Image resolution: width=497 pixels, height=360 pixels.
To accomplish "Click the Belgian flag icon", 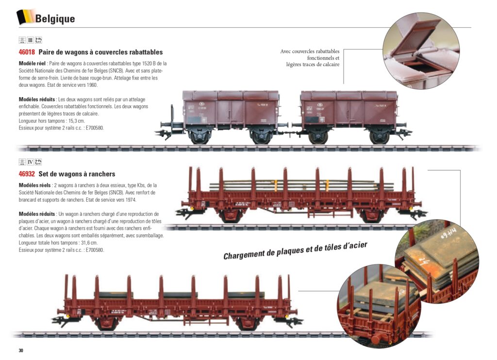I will [x=25, y=17].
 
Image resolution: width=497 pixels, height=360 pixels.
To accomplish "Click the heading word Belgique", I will [x=55, y=19].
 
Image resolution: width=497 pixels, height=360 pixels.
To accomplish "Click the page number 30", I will [x=21, y=350].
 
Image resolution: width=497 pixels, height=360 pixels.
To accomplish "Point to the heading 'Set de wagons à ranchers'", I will [x=77, y=174].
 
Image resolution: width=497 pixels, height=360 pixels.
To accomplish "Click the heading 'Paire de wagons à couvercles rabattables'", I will [x=100, y=52].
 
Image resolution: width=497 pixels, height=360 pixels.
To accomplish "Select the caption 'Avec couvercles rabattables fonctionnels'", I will [x=310, y=55].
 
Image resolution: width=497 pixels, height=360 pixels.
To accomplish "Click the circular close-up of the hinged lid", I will [x=420, y=50].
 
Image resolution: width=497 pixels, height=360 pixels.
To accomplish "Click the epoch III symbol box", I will [x=30, y=40].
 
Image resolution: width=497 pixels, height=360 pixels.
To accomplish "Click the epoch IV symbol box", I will [x=30, y=162].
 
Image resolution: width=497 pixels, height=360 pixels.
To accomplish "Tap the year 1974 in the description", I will [x=129, y=200].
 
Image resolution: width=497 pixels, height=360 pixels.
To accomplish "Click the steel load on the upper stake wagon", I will [x=296, y=186].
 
